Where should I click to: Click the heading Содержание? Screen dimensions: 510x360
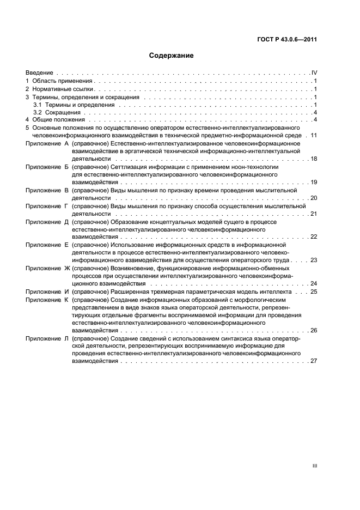171,56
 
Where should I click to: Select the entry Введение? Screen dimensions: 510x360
39,72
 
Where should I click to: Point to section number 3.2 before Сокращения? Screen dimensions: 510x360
37,112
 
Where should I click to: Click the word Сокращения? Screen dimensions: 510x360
59,112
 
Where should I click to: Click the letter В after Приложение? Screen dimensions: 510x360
66,190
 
